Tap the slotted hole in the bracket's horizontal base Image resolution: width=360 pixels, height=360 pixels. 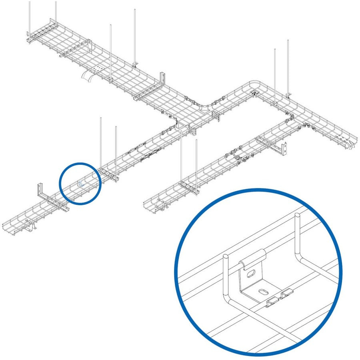pyautogui.click(x=264, y=291)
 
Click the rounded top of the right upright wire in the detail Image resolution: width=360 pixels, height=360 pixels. pyautogui.click(x=298, y=217)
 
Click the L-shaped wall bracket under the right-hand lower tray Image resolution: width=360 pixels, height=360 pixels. pyautogui.click(x=284, y=148)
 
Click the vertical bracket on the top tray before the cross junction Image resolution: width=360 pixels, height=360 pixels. pyautogui.click(x=162, y=78)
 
